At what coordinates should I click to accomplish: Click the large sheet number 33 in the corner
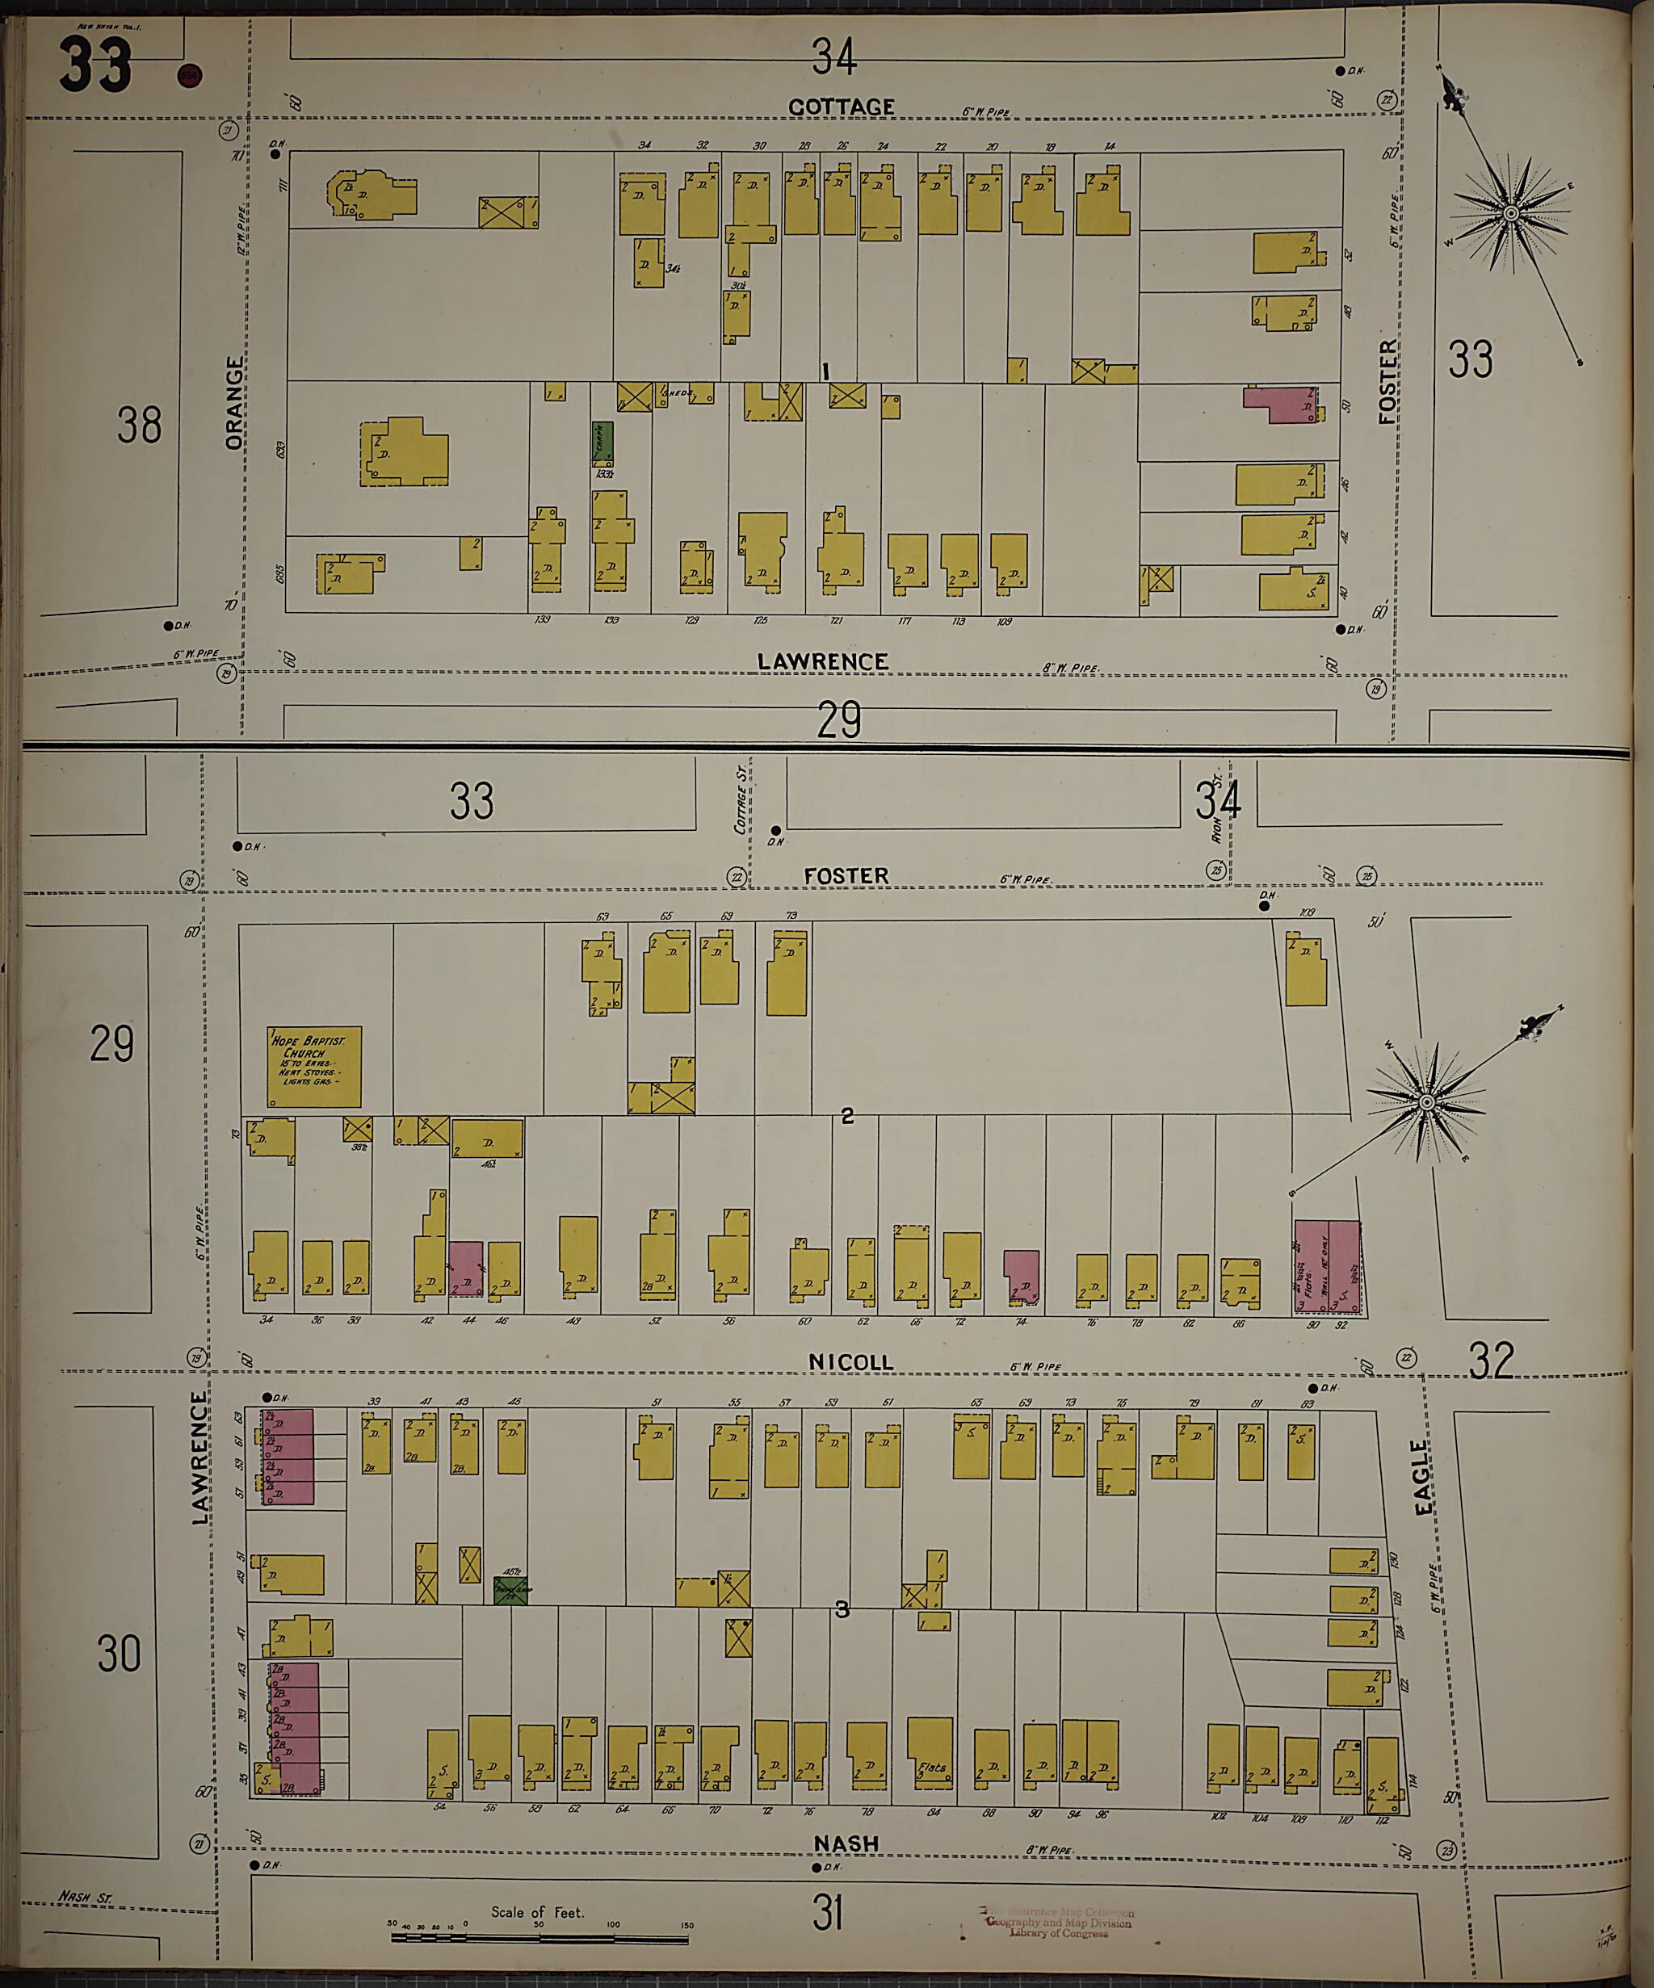[94, 65]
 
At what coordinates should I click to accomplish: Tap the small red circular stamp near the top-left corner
[189, 76]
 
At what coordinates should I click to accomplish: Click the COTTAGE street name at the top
[841, 107]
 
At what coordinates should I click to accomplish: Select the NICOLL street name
[850, 1361]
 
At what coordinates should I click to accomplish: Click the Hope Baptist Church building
[313, 1066]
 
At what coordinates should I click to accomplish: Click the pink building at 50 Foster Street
[1280, 403]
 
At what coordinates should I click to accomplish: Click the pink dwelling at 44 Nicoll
[465, 1269]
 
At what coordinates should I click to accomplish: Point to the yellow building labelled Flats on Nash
[930, 1751]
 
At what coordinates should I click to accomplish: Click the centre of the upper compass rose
[1511, 214]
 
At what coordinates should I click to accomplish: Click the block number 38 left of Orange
[139, 425]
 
